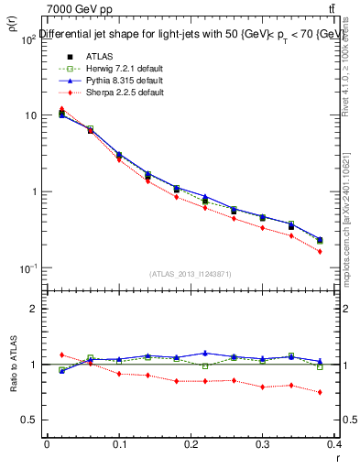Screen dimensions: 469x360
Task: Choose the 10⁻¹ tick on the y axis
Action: point(27,267)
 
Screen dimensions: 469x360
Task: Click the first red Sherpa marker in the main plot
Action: point(61,109)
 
